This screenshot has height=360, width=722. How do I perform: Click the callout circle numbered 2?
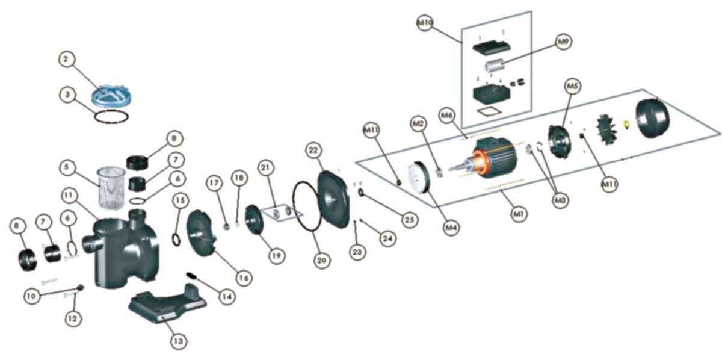coord(67,59)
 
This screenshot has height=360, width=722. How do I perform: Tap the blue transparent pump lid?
coord(108,95)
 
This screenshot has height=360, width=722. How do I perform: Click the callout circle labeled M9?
coord(563,42)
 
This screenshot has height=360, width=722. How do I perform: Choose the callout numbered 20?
coord(321,261)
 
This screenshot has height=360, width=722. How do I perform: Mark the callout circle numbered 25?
coord(409,220)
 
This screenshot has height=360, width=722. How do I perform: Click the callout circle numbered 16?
coord(243,278)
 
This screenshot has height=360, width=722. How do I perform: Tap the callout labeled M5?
coord(572,87)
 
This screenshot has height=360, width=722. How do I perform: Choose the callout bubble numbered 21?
coord(265,167)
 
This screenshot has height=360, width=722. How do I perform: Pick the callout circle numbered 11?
coord(70,196)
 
